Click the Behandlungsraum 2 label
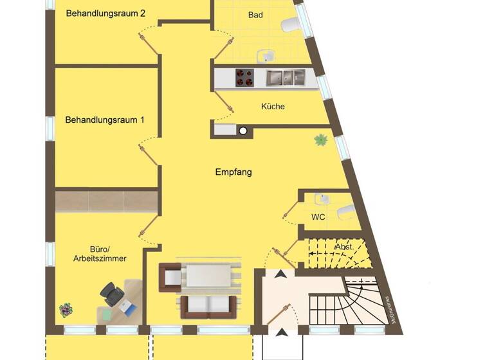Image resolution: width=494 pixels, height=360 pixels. (105, 13)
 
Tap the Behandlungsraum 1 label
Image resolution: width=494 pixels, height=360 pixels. (105, 120)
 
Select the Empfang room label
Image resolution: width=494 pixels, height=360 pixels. (233, 172)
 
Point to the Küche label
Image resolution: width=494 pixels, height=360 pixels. (273, 106)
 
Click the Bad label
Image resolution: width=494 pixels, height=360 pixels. (255, 15)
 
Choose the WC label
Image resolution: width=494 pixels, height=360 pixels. (318, 217)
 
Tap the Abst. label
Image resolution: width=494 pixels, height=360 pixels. (344, 247)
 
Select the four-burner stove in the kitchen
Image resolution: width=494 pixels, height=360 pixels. (244, 77)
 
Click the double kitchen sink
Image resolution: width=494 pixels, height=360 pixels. (286, 78)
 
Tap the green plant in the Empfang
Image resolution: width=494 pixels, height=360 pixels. (320, 139)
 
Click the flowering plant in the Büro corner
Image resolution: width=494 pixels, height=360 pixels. (66, 310)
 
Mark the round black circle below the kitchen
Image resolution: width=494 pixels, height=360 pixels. (243, 130)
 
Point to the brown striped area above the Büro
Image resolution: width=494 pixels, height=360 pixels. (106, 201)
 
